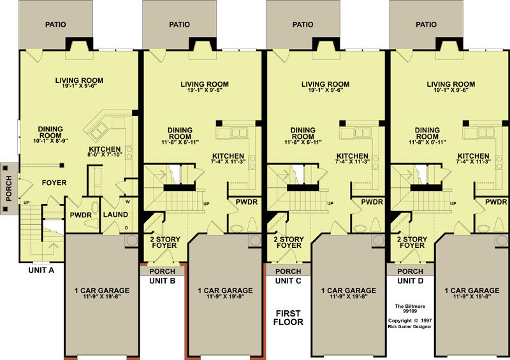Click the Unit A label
(x=41, y=270)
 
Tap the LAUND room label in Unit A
(x=115, y=215)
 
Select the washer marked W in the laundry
(x=127, y=201)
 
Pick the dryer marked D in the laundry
(x=126, y=228)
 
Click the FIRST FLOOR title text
(x=288, y=318)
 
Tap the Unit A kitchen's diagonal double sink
(x=99, y=131)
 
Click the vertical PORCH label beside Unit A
(x=9, y=189)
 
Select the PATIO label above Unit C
(x=303, y=24)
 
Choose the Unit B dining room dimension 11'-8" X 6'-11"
(x=180, y=142)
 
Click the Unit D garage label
(x=472, y=291)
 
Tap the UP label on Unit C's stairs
(x=330, y=204)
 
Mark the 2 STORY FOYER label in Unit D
(x=412, y=242)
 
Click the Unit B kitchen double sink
(x=239, y=133)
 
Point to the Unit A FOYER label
(x=54, y=183)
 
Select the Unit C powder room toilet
(x=376, y=225)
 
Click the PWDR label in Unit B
(x=247, y=202)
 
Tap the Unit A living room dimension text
(x=79, y=86)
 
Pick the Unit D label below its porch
(x=411, y=280)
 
